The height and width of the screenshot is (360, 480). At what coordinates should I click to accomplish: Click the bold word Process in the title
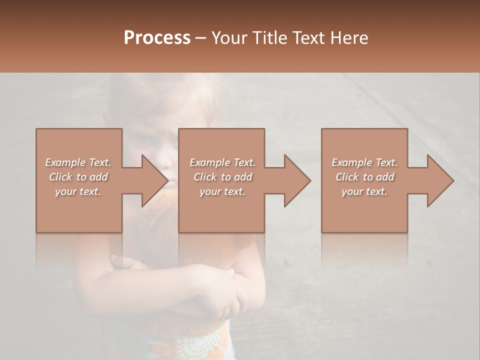[157, 38]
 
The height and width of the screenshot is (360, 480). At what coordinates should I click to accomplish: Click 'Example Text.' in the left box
[78, 162]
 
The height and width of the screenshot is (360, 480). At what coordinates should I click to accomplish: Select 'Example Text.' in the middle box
[222, 162]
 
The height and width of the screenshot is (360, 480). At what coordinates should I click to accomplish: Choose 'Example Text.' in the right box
[364, 162]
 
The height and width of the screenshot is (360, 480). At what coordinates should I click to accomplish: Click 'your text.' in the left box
[78, 191]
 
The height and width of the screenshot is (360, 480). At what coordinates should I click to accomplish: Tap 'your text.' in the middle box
[222, 191]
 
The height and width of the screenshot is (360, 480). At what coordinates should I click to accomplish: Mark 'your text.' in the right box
[364, 191]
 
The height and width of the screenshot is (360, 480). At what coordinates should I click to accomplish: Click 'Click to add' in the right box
[364, 177]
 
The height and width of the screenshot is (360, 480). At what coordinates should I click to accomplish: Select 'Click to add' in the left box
[78, 177]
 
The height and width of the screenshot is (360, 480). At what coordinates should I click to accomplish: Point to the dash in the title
[201, 38]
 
